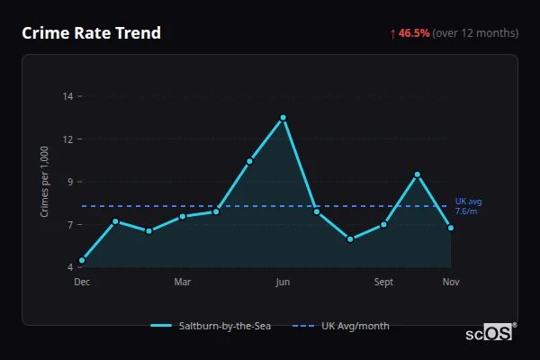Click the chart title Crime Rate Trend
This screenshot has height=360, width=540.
pos(91,33)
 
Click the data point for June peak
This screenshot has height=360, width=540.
pos(283,118)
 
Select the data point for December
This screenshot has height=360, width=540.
pos(82,260)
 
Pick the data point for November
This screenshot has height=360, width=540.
pos(451,228)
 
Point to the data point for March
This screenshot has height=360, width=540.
pos(183,216)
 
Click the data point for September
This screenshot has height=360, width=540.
pos(384,224)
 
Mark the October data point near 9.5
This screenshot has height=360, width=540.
pos(418,175)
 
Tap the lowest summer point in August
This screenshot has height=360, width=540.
pos(350,239)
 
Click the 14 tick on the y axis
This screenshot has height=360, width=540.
pos(67,95)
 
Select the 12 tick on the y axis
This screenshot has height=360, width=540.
pos(67,139)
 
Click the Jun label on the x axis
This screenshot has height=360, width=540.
pos(283,282)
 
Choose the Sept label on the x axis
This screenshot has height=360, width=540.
pos(384,282)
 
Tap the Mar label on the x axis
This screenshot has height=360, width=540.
pos(183,282)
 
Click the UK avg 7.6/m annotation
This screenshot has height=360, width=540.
pos(468,206)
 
